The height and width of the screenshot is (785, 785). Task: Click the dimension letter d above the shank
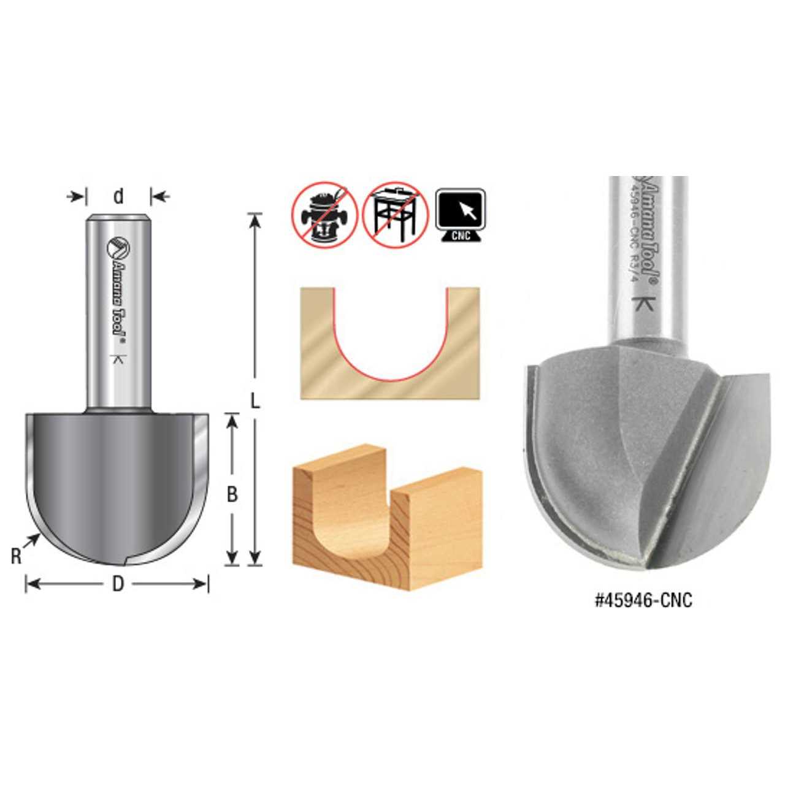[x=118, y=196]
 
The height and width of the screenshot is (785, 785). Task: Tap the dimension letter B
[x=232, y=494]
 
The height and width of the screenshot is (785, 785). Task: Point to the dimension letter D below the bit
[x=118, y=584]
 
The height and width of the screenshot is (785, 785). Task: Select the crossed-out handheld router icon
[x=324, y=214]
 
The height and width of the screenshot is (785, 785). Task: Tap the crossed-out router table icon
[x=396, y=214]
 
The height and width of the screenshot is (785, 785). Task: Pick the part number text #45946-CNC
[x=643, y=600]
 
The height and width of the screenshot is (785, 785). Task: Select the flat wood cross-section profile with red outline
[x=390, y=343]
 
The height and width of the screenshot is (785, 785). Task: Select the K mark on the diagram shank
[x=117, y=361]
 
